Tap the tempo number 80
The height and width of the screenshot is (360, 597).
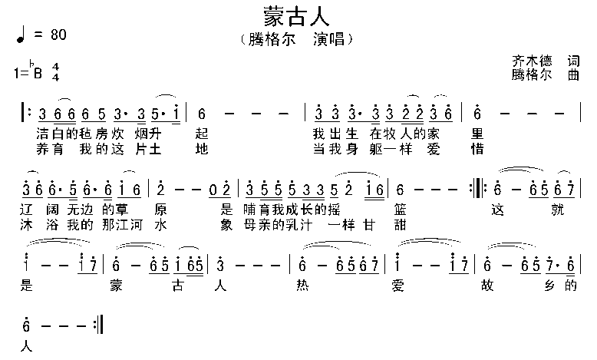coord(58,35)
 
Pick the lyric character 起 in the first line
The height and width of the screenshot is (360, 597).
coord(202,132)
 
